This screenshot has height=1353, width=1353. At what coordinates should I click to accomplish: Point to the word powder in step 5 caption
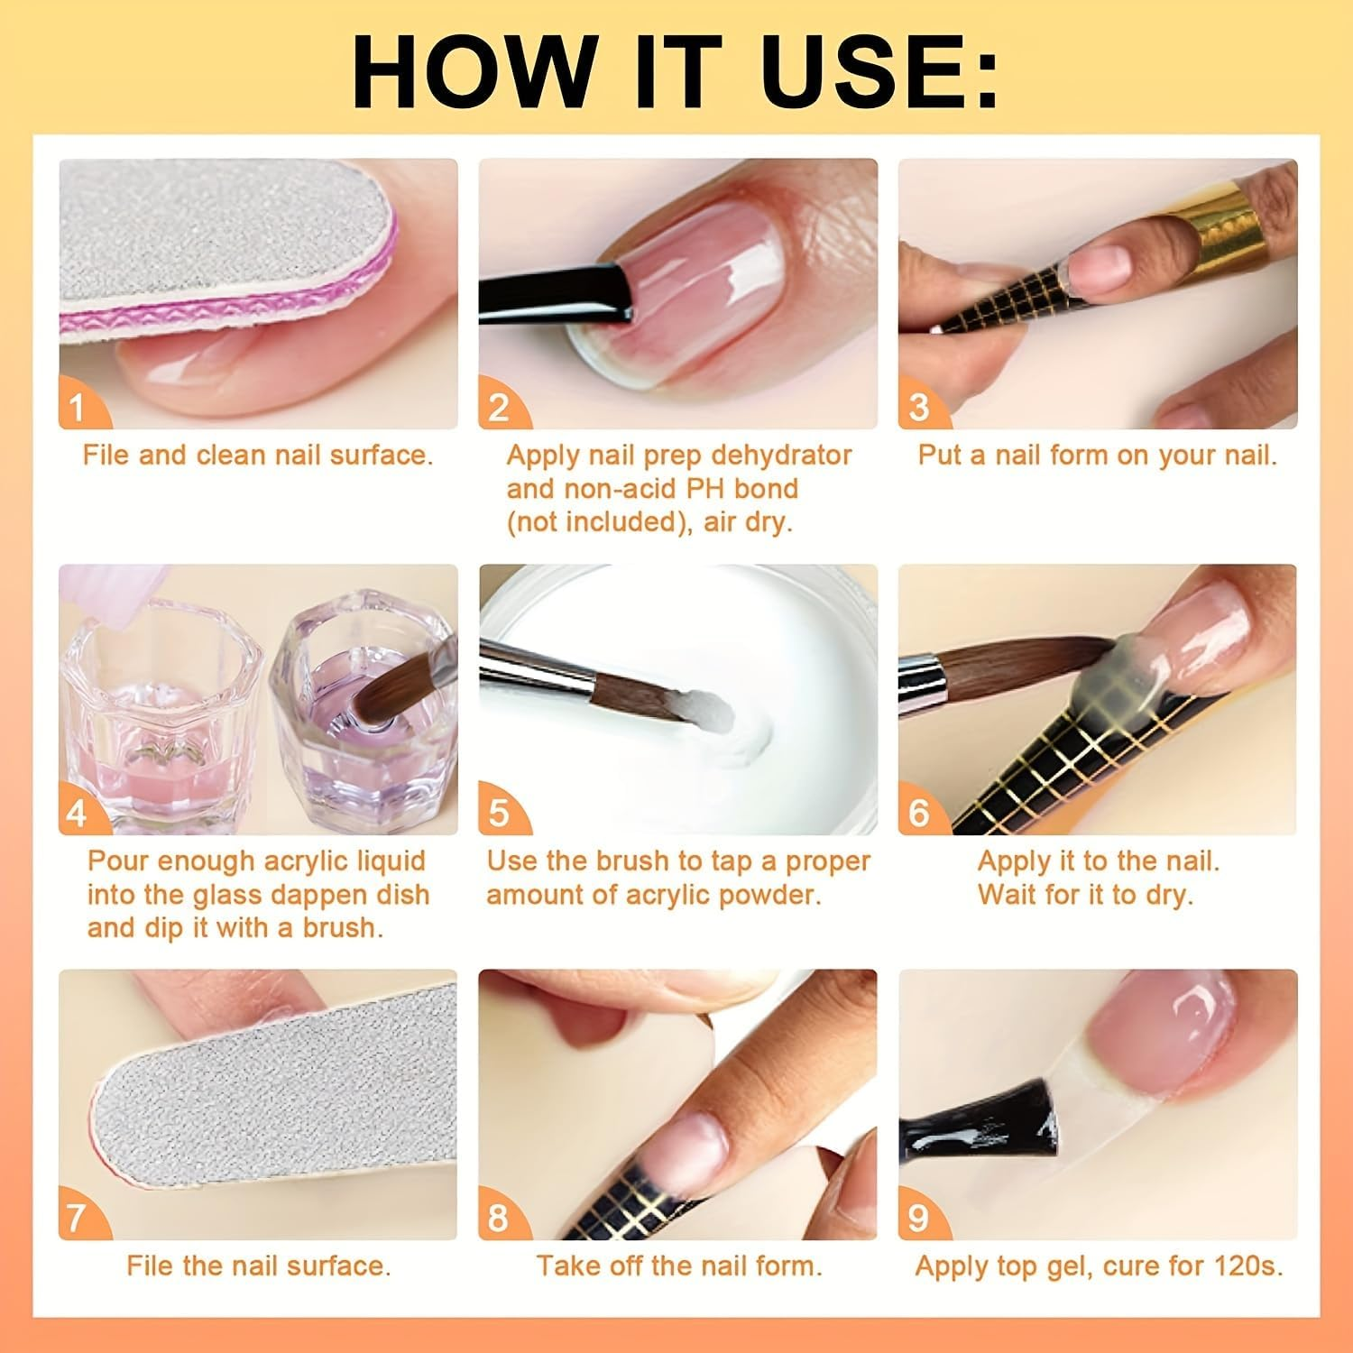pos(774,895)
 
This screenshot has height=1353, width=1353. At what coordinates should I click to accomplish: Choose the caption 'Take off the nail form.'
pos(679,1266)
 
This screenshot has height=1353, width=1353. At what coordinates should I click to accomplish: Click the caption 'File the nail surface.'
pos(259,1266)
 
